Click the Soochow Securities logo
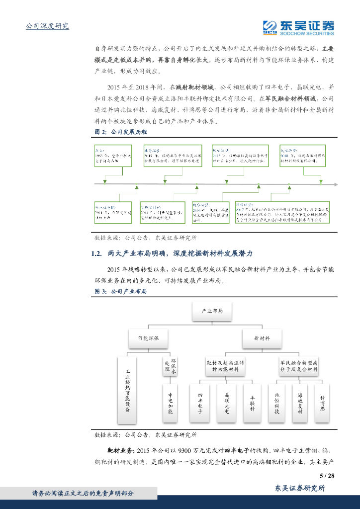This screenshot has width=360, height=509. [x=298, y=27]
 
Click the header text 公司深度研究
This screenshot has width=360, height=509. [x=47, y=26]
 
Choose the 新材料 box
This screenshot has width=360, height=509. [x=262, y=338]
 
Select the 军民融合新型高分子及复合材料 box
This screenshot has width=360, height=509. [x=298, y=366]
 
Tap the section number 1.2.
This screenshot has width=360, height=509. [x=97, y=254]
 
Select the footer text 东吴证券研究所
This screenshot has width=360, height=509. [x=300, y=489]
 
